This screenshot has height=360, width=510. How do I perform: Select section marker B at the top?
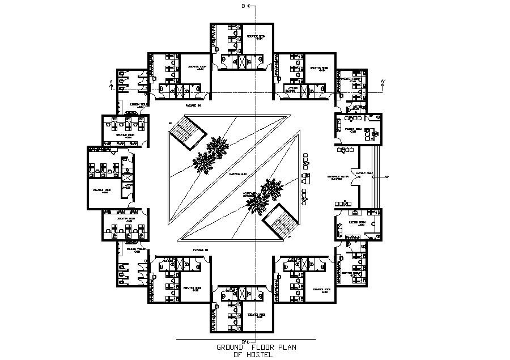click(x=243, y=6)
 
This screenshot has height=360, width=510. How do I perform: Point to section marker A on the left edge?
click(x=111, y=83)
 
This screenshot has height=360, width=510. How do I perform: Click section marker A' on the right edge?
click(x=384, y=83)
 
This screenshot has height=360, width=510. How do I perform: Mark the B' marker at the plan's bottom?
click(x=245, y=341)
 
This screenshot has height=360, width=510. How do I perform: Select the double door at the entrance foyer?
click(x=356, y=179)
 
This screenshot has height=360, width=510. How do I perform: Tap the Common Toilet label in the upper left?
click(x=139, y=104)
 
